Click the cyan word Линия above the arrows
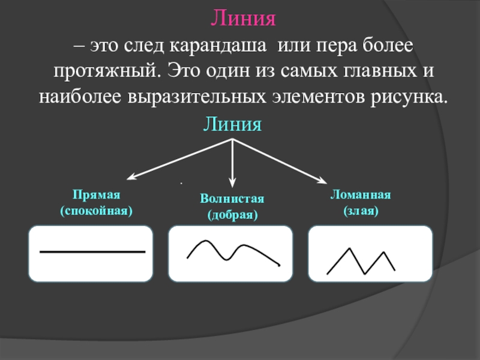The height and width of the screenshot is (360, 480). tap(233, 125)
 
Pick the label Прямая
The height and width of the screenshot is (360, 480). tap(97, 196)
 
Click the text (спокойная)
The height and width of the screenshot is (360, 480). tap(97, 211)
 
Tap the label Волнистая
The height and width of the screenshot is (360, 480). tap(232, 199)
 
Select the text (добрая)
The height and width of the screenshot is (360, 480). tap(232, 214)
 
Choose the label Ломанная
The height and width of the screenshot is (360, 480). tap(361, 196)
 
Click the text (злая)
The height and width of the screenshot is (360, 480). tap(361, 211)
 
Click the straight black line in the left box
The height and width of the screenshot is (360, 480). tap(93, 252)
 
